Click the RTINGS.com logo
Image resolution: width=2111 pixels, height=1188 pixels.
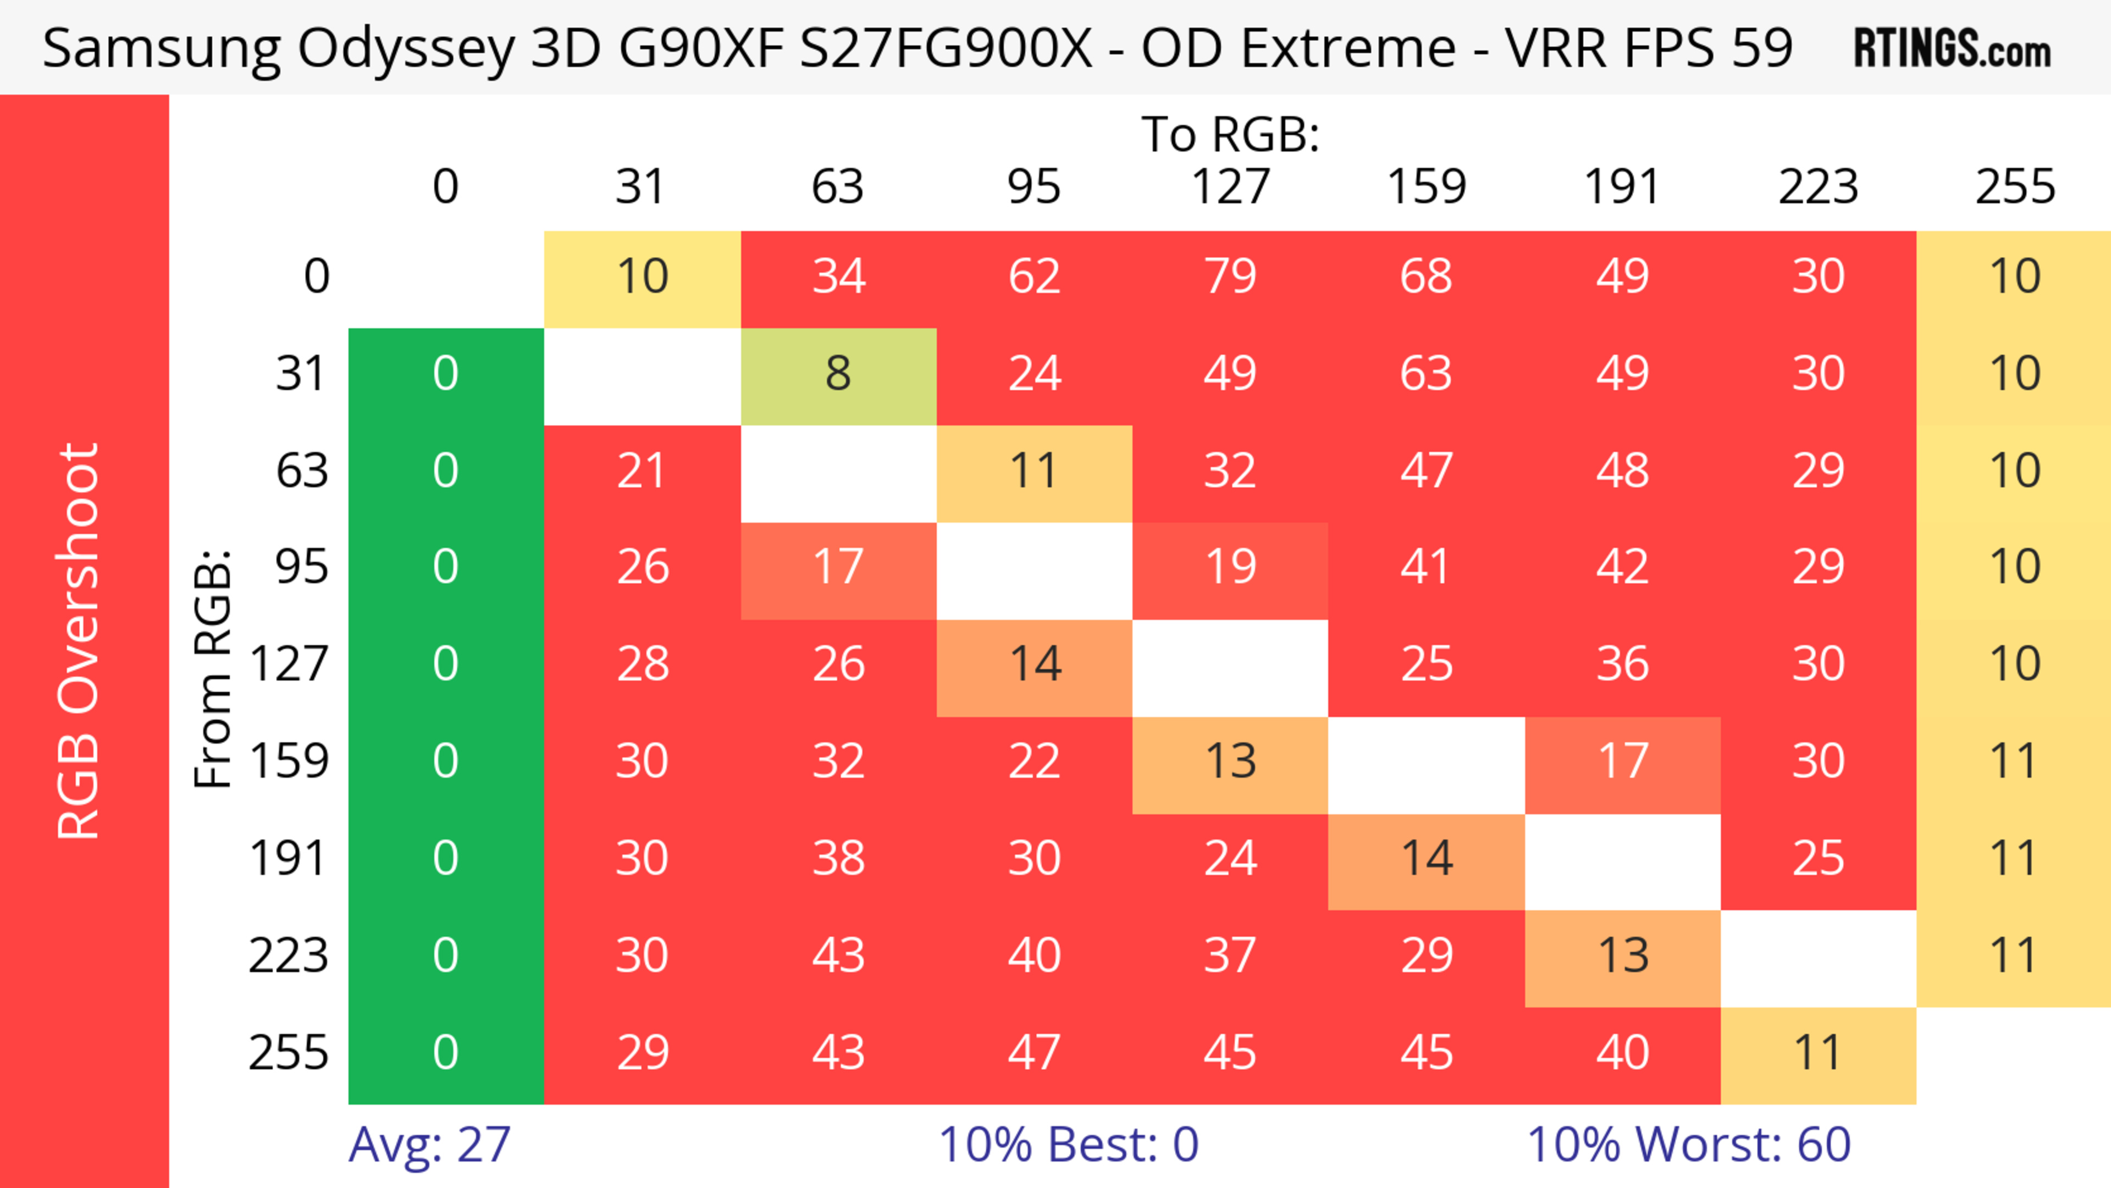click(1952, 47)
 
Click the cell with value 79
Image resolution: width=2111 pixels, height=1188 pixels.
click(1230, 276)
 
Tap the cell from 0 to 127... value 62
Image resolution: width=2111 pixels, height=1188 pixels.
click(1034, 276)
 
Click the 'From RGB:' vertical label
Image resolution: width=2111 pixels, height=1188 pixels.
click(213, 668)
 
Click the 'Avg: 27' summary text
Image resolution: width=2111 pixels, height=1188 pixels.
click(429, 1144)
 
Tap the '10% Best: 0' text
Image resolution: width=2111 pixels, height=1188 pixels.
click(1068, 1144)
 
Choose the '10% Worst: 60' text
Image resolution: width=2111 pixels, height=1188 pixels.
click(1688, 1144)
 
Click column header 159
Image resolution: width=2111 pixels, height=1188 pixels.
click(1426, 187)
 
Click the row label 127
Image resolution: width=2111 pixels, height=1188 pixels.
click(289, 664)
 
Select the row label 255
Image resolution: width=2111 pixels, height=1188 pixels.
click(289, 1052)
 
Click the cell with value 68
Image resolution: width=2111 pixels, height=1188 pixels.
click(1426, 276)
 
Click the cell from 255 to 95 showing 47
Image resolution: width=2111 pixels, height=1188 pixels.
click(1034, 1052)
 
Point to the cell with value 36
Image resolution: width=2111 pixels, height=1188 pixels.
click(1623, 664)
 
